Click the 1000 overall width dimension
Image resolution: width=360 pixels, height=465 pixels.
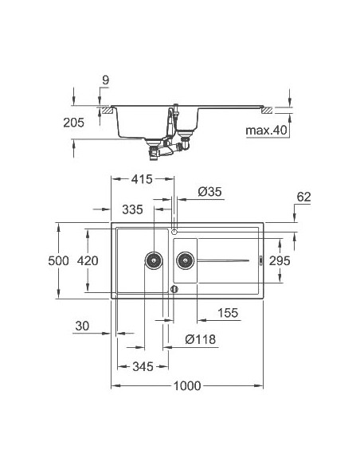(x=186, y=386)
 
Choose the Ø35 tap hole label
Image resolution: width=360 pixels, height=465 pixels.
(x=208, y=192)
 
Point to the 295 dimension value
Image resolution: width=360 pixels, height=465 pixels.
(x=301, y=260)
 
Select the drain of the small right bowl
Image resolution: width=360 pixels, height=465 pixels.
(x=185, y=259)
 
